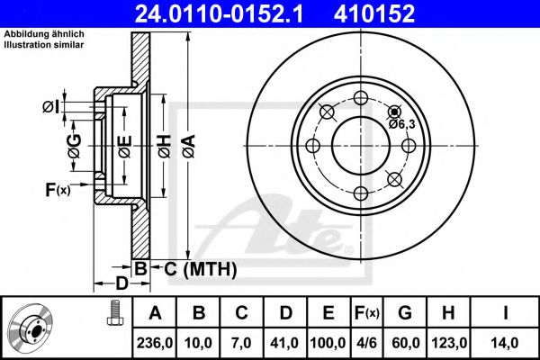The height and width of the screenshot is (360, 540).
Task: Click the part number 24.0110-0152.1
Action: point(204,13)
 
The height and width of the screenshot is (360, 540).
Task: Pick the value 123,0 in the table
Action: point(454,342)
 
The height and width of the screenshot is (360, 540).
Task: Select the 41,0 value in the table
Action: point(284,342)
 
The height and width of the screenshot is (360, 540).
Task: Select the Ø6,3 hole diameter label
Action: point(401,124)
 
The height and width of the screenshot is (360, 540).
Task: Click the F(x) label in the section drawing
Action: point(57,189)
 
